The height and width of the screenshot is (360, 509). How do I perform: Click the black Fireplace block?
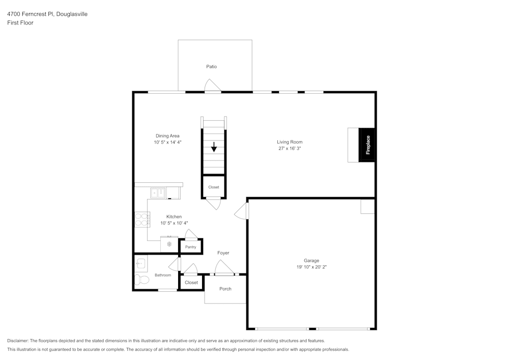pyautogui.click(x=367, y=145)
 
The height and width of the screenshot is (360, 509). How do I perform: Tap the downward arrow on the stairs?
pyautogui.click(x=214, y=148)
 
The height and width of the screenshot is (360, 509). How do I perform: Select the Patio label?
pyautogui.click(x=212, y=67)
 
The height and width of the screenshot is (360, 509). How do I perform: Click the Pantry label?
pyautogui.click(x=190, y=247)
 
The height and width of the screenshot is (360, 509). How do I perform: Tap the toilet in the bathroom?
pyautogui.click(x=139, y=280)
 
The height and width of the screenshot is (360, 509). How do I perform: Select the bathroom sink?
pyautogui.click(x=140, y=263)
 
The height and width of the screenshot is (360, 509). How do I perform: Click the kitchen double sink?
pyautogui.click(x=158, y=193)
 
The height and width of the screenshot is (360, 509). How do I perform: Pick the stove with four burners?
pyautogui.click(x=142, y=219)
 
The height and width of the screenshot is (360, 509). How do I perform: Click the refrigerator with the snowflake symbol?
pyautogui.click(x=169, y=244)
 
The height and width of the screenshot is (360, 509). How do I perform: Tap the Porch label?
pyautogui.click(x=225, y=289)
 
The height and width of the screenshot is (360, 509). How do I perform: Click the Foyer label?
pyautogui.click(x=223, y=253)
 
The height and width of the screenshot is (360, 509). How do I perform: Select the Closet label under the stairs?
pyautogui.click(x=214, y=187)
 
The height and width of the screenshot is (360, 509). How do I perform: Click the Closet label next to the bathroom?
pyautogui.click(x=191, y=283)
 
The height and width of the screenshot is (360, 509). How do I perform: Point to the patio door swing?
pyautogui.click(x=212, y=86)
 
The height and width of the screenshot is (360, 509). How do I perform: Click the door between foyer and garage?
pyautogui.click(x=241, y=211)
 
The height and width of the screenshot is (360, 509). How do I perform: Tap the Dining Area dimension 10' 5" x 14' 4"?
pyautogui.click(x=167, y=143)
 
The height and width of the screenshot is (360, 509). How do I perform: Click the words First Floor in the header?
pyautogui.click(x=20, y=23)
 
